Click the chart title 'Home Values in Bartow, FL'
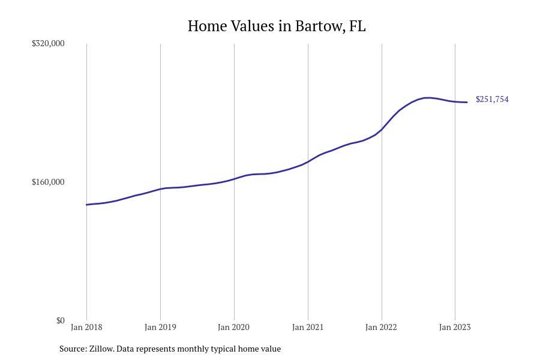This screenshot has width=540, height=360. (277, 26)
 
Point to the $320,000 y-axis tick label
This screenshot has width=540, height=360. (48, 43)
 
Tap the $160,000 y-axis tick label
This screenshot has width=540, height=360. (48, 182)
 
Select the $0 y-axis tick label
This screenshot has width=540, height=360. (60, 320)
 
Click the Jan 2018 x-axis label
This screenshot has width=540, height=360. (86, 327)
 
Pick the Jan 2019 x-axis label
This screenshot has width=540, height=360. (160, 327)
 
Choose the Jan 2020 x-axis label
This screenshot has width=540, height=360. (234, 327)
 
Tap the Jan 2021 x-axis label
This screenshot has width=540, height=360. (308, 327)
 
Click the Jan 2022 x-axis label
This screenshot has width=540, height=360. (382, 327)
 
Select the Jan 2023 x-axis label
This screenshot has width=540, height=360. (455, 327)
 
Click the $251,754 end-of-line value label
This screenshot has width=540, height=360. (492, 100)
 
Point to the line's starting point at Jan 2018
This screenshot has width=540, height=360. (86, 205)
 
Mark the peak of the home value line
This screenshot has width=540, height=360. (427, 97)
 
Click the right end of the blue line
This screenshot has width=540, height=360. (467, 102)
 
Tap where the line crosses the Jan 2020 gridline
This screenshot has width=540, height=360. (234, 179)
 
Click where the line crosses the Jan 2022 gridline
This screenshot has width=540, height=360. (382, 129)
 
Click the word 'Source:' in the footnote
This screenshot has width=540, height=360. (73, 349)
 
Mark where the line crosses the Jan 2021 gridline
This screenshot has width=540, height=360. (308, 161)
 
